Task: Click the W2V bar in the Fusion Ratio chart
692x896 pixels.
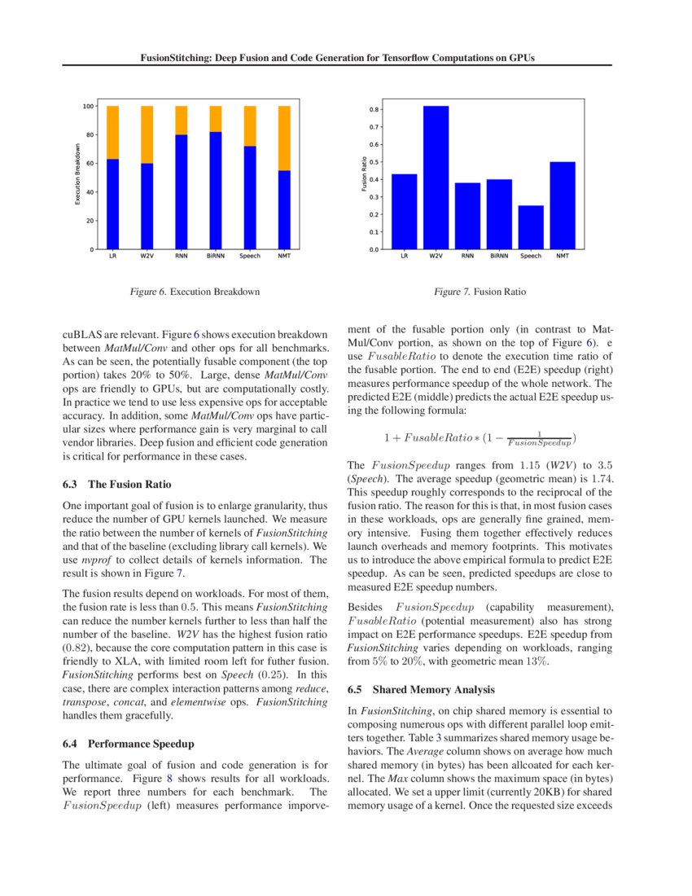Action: pyautogui.click(x=436, y=178)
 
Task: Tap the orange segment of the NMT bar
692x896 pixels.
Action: pyautogui.click(x=284, y=138)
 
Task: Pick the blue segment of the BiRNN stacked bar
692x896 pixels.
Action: pyautogui.click(x=216, y=191)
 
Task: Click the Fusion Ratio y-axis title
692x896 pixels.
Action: pyautogui.click(x=365, y=175)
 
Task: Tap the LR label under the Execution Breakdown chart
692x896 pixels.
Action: pyautogui.click(x=112, y=257)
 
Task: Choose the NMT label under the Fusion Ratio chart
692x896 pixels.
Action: pyautogui.click(x=563, y=257)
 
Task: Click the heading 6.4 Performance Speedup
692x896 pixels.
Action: pyautogui.click(x=130, y=744)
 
